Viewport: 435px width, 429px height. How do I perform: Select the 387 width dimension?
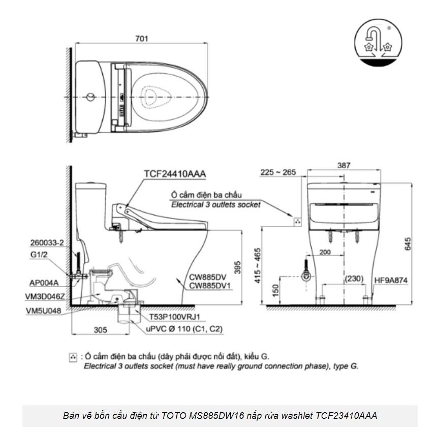point(344,165)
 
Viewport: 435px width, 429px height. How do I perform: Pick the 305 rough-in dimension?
point(101,330)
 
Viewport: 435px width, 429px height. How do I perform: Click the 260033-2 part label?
point(46,243)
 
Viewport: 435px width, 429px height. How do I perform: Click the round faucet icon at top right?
point(377,43)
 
